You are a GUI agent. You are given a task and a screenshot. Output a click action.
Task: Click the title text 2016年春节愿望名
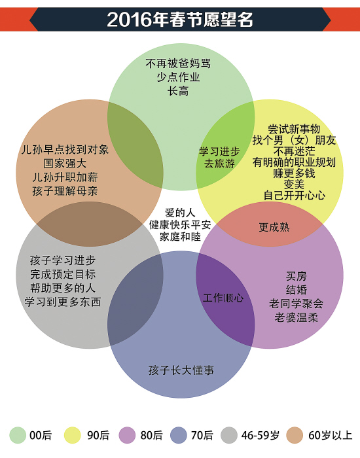point(180,20)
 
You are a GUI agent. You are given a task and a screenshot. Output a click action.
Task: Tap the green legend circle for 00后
point(18,435)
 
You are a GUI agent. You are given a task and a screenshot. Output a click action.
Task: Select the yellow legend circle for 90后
point(72,435)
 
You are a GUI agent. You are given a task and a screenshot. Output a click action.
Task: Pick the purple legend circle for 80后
point(127,435)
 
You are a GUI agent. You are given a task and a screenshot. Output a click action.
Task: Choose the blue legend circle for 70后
point(178,435)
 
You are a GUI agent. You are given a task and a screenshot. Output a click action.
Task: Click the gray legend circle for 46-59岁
point(229,435)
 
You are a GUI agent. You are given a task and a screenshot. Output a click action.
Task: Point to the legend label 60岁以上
point(330,435)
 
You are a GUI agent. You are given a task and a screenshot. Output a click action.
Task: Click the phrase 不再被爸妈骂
point(178,63)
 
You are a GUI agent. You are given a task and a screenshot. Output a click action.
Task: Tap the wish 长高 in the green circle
point(178,91)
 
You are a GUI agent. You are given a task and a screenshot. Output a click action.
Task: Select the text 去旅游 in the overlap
point(219,164)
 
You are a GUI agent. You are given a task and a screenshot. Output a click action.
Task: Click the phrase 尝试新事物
point(294,129)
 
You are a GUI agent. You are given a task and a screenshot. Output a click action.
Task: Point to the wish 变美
point(294,185)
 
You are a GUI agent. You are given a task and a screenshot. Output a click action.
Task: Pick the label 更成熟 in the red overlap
point(274,227)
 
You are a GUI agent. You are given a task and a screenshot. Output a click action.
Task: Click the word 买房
point(296,275)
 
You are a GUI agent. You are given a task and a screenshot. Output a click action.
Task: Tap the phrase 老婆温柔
point(296,317)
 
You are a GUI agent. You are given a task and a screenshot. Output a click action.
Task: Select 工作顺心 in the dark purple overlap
point(223,298)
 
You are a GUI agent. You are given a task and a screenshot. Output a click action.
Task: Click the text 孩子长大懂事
point(181,370)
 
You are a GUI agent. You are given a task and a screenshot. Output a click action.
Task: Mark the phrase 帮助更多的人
point(63,288)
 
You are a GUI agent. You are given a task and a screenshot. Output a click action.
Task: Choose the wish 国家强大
point(65,164)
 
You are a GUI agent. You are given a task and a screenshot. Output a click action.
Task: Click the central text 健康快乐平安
point(180,224)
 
